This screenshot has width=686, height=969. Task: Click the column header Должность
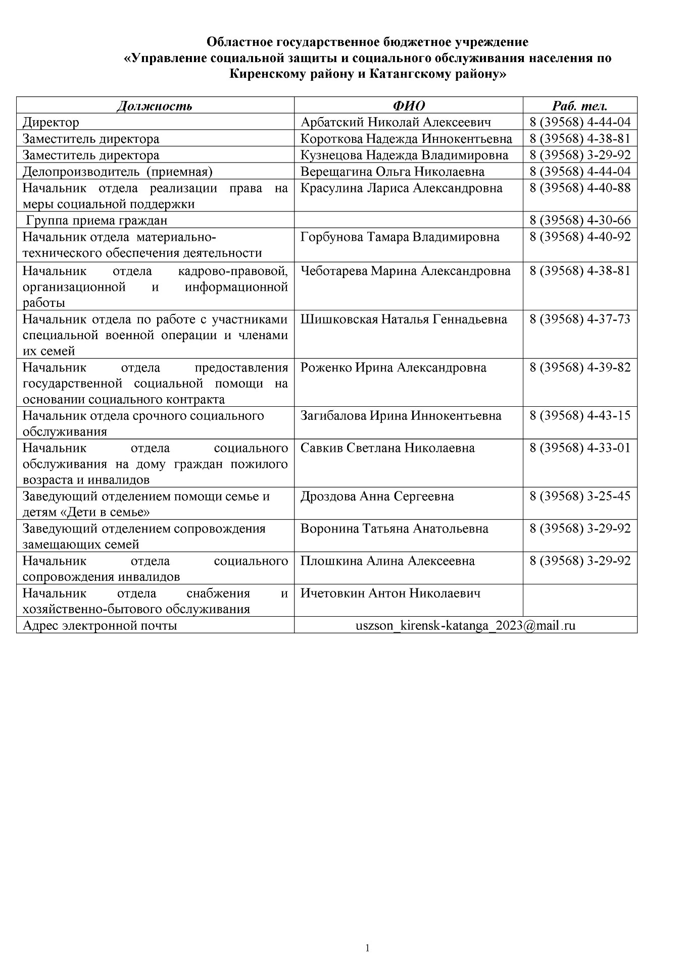click(x=155, y=106)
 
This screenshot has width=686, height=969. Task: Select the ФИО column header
click(x=408, y=106)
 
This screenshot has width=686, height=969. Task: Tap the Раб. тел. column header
click(x=579, y=106)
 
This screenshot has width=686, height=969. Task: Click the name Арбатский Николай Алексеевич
click(x=396, y=122)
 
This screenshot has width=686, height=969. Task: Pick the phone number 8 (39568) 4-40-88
click(x=580, y=188)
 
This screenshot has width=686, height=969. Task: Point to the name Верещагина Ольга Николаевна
click(x=392, y=172)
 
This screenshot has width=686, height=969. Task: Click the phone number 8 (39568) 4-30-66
click(x=580, y=221)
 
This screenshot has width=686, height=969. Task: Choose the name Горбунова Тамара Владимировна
click(x=400, y=237)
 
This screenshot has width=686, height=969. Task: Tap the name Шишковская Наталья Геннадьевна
click(x=404, y=319)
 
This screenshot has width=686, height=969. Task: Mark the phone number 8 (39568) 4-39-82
click(x=580, y=367)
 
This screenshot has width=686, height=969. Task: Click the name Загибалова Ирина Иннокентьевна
click(x=401, y=416)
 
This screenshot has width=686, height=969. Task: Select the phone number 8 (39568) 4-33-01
click(x=580, y=448)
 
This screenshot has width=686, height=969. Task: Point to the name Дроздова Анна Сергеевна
click(x=377, y=497)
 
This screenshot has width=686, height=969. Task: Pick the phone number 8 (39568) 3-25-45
click(x=580, y=496)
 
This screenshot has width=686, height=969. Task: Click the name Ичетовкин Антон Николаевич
click(x=390, y=594)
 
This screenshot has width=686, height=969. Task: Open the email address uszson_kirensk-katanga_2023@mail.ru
click(x=465, y=626)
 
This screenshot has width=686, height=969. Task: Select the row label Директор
click(x=51, y=122)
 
